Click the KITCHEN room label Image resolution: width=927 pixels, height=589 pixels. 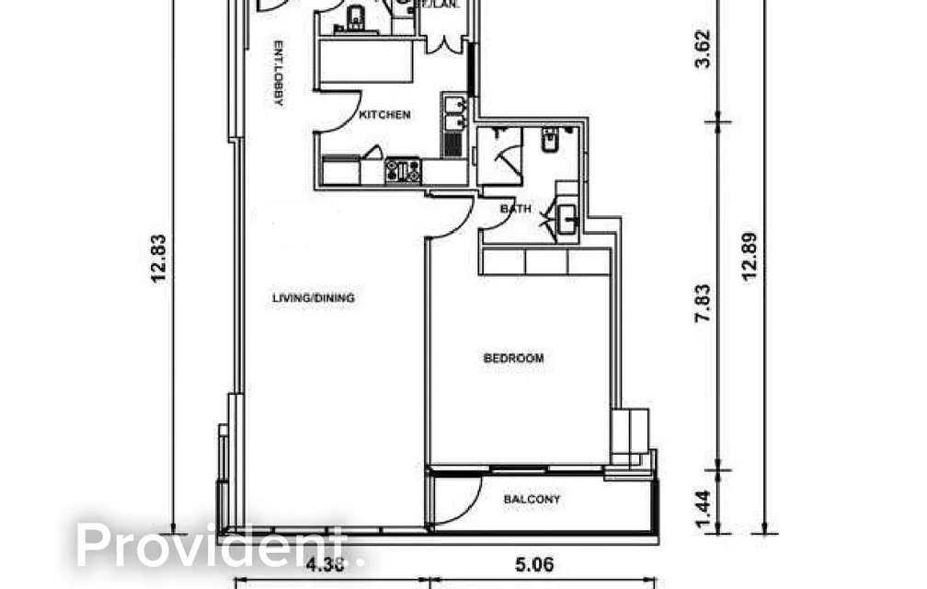tap(384, 115)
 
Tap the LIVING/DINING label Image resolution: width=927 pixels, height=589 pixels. tap(314, 298)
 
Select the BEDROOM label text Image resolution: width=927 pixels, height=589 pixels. tap(513, 358)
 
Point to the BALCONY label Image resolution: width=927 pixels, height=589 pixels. tap(532, 500)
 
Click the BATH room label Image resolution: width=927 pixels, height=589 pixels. tap(515, 209)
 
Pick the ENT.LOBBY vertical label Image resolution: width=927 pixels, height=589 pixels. tap(277, 74)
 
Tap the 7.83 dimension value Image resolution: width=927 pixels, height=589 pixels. tap(703, 303)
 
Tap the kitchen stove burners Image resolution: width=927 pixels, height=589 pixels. tap(403, 169)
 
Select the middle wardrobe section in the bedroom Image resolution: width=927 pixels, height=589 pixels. tap(546, 262)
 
